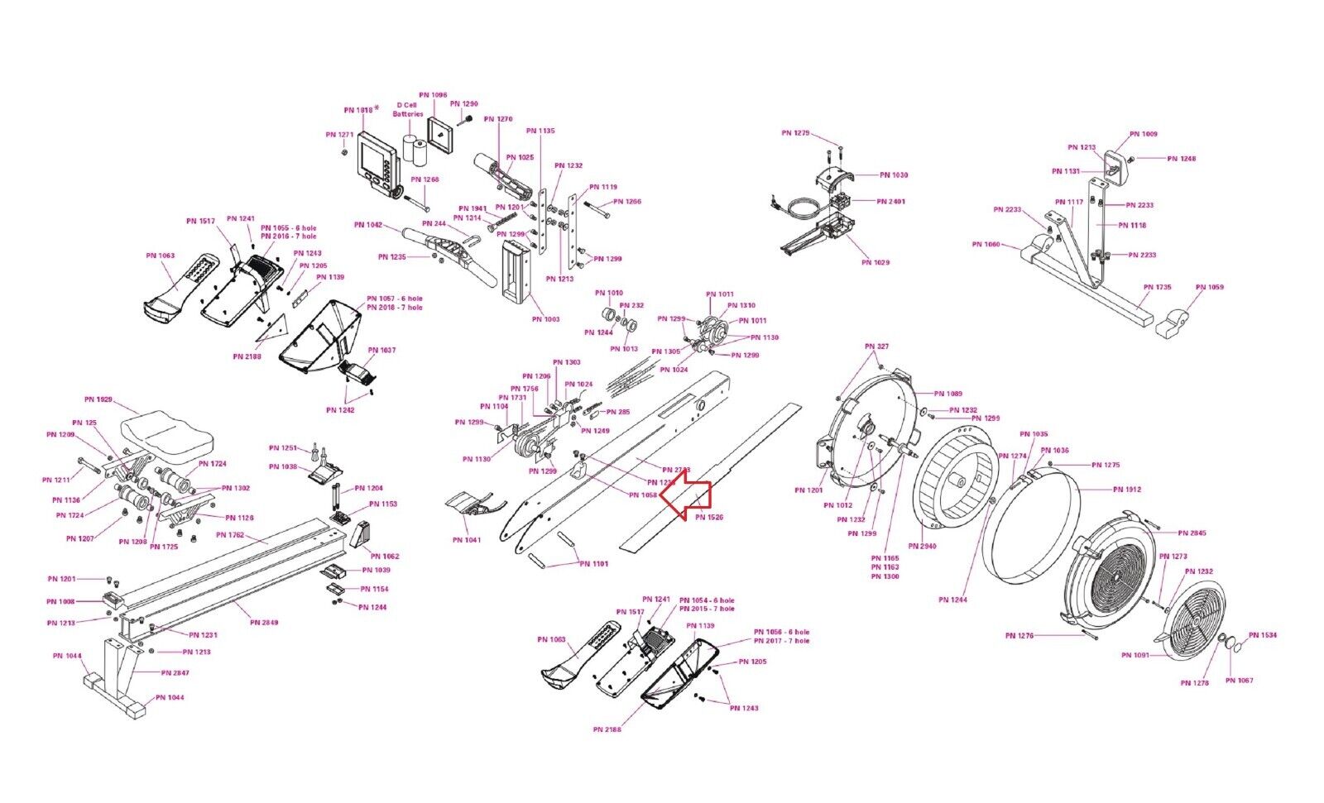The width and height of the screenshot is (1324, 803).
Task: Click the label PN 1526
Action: coord(709,518)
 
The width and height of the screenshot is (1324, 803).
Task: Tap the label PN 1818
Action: coord(360,110)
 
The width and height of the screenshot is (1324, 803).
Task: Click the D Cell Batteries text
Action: coord(407,109)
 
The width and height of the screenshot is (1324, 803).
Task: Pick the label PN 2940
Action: coord(922,547)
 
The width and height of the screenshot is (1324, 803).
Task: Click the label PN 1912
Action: coord(1127,490)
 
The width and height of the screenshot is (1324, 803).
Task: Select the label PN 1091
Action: coord(1135,656)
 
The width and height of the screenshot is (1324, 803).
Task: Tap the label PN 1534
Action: coord(1263,636)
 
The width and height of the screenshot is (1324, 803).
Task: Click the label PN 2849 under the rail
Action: coord(265,623)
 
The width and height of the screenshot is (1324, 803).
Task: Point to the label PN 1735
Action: coord(1158,288)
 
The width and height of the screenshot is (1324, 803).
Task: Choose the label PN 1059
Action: coord(1210,288)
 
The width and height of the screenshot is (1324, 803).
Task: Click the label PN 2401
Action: coord(891,202)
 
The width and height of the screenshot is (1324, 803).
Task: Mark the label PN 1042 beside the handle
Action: coord(368,225)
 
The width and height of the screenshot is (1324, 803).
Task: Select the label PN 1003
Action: coord(545,319)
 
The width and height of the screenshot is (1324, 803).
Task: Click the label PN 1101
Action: coord(594,564)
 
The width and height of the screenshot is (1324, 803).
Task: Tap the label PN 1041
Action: coord(467,541)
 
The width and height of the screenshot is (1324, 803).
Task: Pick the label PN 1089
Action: coord(948,394)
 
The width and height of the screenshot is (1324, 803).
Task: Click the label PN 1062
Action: coord(385,557)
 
